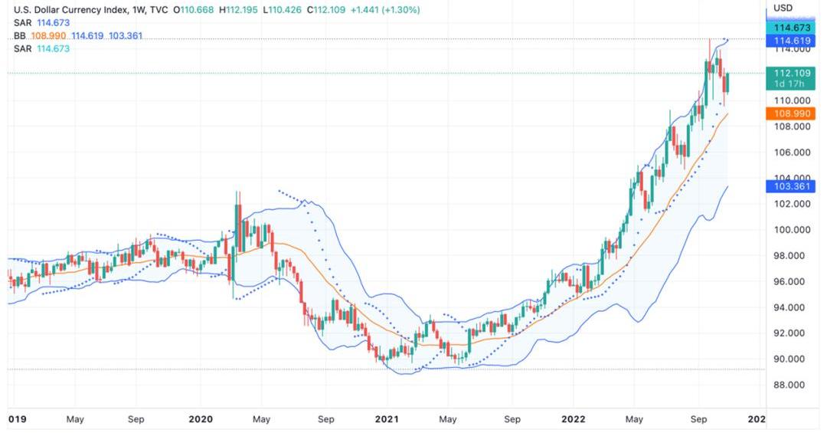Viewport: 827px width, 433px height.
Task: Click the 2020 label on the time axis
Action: click(201, 419)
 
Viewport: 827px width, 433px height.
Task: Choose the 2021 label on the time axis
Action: click(387, 419)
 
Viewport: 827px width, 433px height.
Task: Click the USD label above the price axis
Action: click(783, 8)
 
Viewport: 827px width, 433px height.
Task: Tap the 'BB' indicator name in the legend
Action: click(20, 36)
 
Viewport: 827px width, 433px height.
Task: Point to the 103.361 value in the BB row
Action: click(124, 36)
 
